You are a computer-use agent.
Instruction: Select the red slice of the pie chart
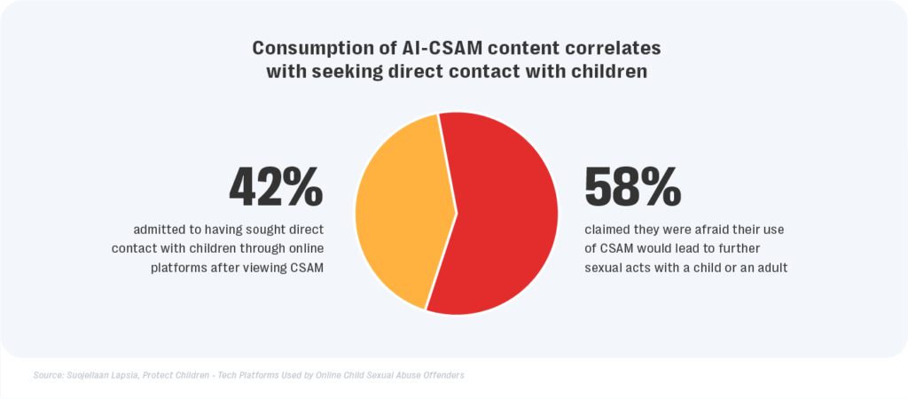(x=505, y=213)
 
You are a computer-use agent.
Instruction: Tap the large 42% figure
(x=276, y=186)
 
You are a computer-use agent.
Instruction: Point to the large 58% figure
(x=632, y=186)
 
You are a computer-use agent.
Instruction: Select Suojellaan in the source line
(x=98, y=375)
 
